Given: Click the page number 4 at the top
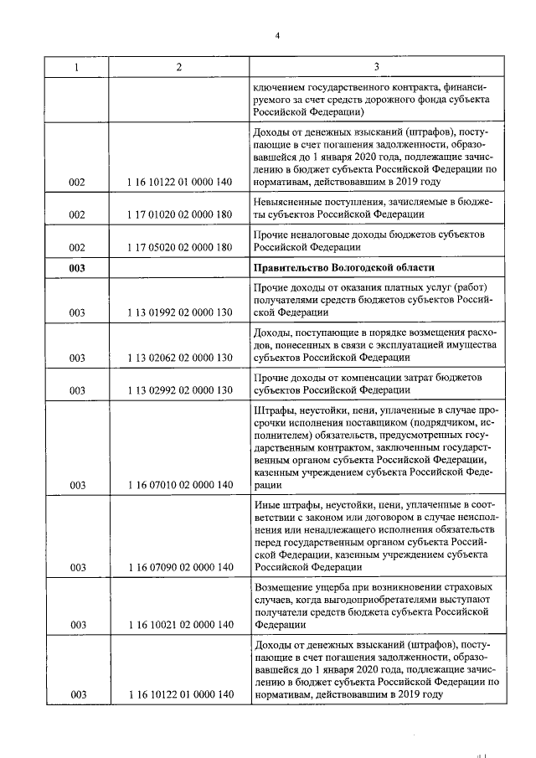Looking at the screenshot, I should click(x=276, y=34).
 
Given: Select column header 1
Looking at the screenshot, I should click(x=78, y=66).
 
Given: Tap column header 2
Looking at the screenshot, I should click(x=178, y=66).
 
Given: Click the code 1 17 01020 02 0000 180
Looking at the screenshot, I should click(x=179, y=214).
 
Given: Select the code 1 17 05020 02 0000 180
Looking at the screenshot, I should click(x=179, y=247).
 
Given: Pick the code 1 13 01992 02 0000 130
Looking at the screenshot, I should click(x=179, y=312).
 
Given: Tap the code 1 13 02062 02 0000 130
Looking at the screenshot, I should click(x=179, y=358).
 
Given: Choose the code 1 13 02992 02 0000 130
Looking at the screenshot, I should click(x=179, y=390).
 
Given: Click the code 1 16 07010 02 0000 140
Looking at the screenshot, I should click(x=179, y=485).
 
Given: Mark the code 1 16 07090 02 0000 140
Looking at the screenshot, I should click(x=179, y=568).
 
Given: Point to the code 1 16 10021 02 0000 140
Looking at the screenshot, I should click(x=179, y=625).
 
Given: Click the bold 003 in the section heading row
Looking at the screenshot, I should click(x=78, y=268).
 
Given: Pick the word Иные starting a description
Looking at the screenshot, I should click(x=265, y=504).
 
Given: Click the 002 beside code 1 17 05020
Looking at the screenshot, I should click(x=78, y=247).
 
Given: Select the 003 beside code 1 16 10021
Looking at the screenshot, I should click(x=78, y=625).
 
